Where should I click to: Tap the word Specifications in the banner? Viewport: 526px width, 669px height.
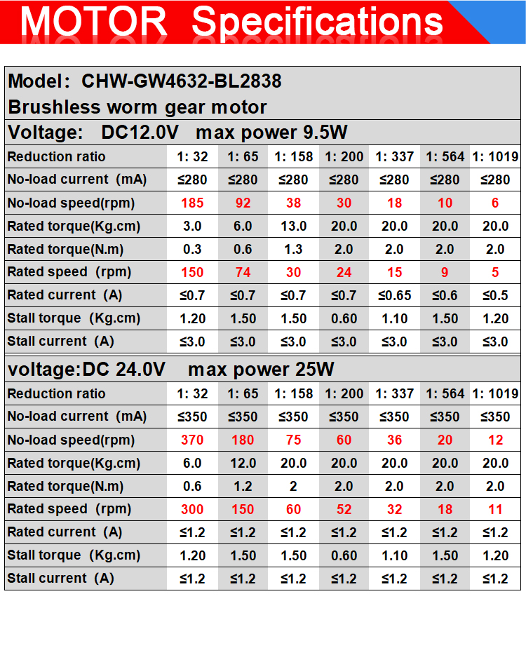click(318, 22)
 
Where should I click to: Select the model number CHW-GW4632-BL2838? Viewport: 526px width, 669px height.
click(182, 81)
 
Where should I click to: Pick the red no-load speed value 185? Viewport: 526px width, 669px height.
click(192, 203)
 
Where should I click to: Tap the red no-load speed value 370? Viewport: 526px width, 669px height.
click(192, 440)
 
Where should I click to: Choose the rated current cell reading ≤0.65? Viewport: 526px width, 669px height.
click(395, 295)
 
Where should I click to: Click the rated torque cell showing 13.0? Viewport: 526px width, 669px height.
click(293, 226)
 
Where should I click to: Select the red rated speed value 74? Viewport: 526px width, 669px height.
click(243, 272)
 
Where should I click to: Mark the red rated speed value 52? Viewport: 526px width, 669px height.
click(344, 509)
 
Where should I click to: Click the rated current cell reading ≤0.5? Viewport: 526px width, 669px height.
click(495, 295)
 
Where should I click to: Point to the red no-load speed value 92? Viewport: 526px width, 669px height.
click(243, 203)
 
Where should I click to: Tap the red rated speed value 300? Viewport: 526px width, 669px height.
click(192, 509)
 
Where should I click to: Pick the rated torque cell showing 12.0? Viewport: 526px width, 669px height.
click(243, 463)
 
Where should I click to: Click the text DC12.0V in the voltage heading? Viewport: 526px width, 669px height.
click(140, 133)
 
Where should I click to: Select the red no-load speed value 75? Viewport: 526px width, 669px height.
click(293, 440)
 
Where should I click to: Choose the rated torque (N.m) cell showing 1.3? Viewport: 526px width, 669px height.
click(293, 249)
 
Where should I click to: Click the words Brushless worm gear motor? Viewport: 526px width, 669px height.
click(137, 107)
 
